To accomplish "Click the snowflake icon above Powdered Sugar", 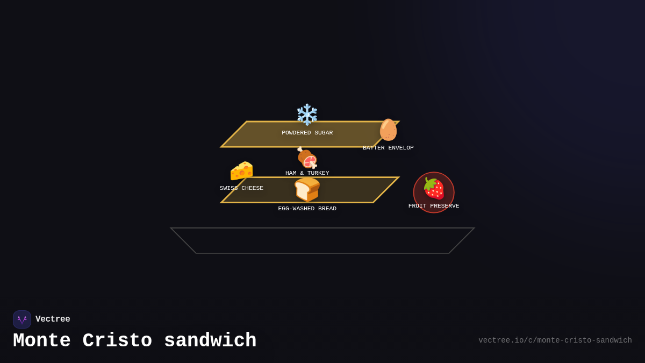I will [x=307, y=115].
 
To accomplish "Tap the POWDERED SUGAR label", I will [x=307, y=133].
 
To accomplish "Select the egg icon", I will [x=388, y=130].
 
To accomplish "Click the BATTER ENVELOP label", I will [x=388, y=148].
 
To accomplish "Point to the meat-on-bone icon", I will [x=307, y=158].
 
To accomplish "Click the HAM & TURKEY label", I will [x=307, y=173].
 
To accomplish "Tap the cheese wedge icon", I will [x=241, y=171].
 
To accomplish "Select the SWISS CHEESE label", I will [x=241, y=188].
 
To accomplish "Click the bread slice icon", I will [x=307, y=189].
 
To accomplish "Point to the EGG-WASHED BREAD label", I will [x=307, y=209].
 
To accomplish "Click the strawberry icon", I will [x=434, y=188].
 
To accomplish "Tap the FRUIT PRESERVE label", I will [x=434, y=206].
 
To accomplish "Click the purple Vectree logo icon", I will [x=22, y=319].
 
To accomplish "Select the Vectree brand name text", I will [x=53, y=319].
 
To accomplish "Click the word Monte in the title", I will [x=41, y=341].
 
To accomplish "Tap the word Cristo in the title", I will [x=117, y=341].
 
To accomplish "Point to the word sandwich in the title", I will [x=210, y=341].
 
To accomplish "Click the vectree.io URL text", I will [x=555, y=340].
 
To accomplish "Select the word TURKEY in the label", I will [x=319, y=173].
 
